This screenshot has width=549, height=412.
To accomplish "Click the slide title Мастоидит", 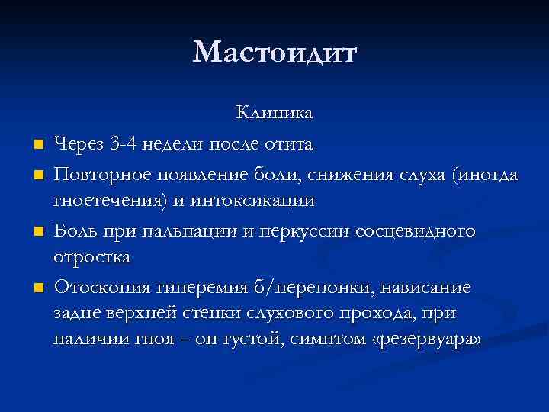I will pos(274,53).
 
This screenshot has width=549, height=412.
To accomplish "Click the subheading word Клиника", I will pos(274,114).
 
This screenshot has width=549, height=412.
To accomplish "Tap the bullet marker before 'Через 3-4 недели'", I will pos(37,144).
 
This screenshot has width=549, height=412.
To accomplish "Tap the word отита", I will pos(288,143).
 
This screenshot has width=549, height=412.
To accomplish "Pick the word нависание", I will pos(429,287).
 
